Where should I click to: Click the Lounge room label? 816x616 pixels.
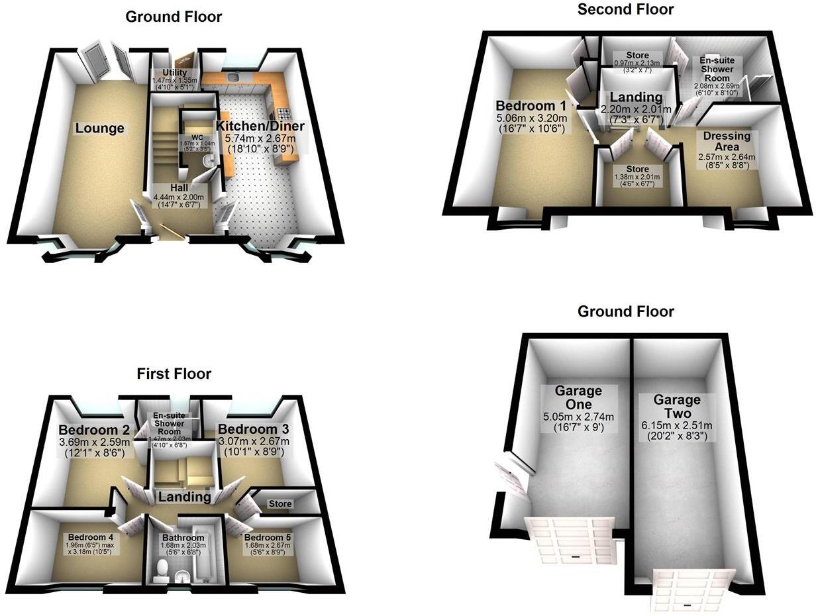point(99,128)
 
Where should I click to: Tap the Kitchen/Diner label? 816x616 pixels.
point(260,126)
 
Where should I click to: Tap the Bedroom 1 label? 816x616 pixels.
point(531,106)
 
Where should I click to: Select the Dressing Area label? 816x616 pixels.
point(727,141)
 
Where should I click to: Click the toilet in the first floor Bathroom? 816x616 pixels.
point(162,570)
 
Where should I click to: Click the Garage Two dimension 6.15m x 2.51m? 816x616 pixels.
point(677,425)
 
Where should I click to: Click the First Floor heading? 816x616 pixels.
point(174,374)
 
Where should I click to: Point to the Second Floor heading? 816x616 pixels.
point(625,9)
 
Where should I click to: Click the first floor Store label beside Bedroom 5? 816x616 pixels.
point(280,504)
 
